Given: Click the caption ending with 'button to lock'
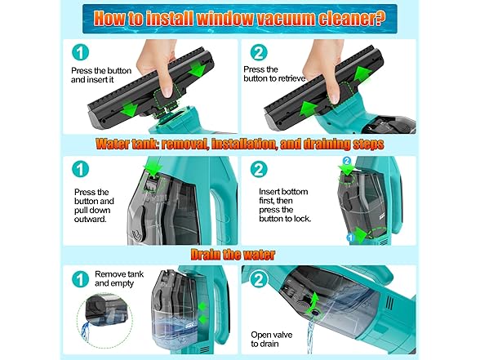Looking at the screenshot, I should point(280,203).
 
